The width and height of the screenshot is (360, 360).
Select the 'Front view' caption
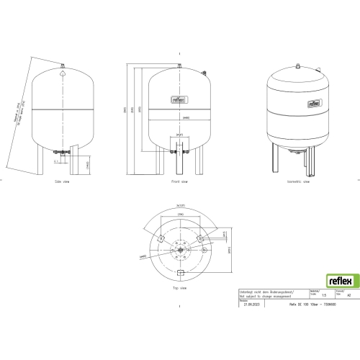coord(179,182)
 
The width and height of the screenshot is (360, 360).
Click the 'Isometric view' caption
coord(297,182)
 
